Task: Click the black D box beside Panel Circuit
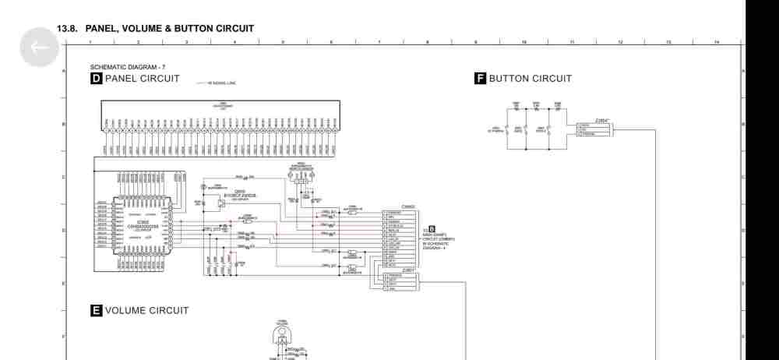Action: (97, 79)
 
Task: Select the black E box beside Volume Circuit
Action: (97, 310)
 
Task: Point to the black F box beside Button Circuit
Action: (481, 79)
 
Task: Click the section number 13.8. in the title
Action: (69, 29)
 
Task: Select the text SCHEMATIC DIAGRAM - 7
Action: (127, 68)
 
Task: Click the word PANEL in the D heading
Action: (122, 79)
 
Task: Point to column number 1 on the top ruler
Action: (90, 42)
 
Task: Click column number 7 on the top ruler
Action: (379, 42)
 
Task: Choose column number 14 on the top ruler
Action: (717, 42)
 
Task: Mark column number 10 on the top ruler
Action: (524, 42)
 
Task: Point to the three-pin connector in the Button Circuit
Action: (594, 129)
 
